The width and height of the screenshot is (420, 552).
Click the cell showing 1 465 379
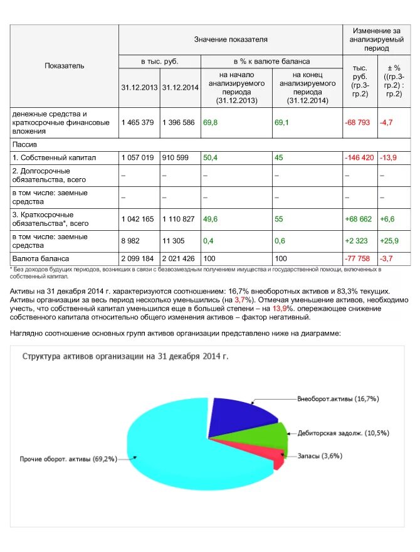click(137, 122)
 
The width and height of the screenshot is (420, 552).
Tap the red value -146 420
click(359, 157)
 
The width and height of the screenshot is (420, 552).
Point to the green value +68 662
click(359, 219)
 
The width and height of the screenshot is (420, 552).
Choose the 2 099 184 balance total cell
click(138, 258)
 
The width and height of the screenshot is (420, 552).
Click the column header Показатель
click(64, 66)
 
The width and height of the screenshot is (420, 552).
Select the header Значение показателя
click(230, 40)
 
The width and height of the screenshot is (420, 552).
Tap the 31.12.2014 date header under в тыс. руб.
click(180, 87)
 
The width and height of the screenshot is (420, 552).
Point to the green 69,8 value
click(210, 122)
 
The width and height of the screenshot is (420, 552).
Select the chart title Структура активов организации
click(125, 356)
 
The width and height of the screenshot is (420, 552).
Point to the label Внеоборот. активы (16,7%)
click(338, 398)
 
